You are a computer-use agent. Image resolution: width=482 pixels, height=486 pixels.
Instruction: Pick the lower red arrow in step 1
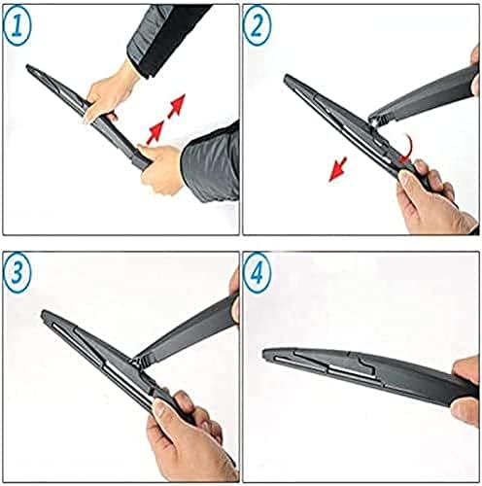click(153, 129)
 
